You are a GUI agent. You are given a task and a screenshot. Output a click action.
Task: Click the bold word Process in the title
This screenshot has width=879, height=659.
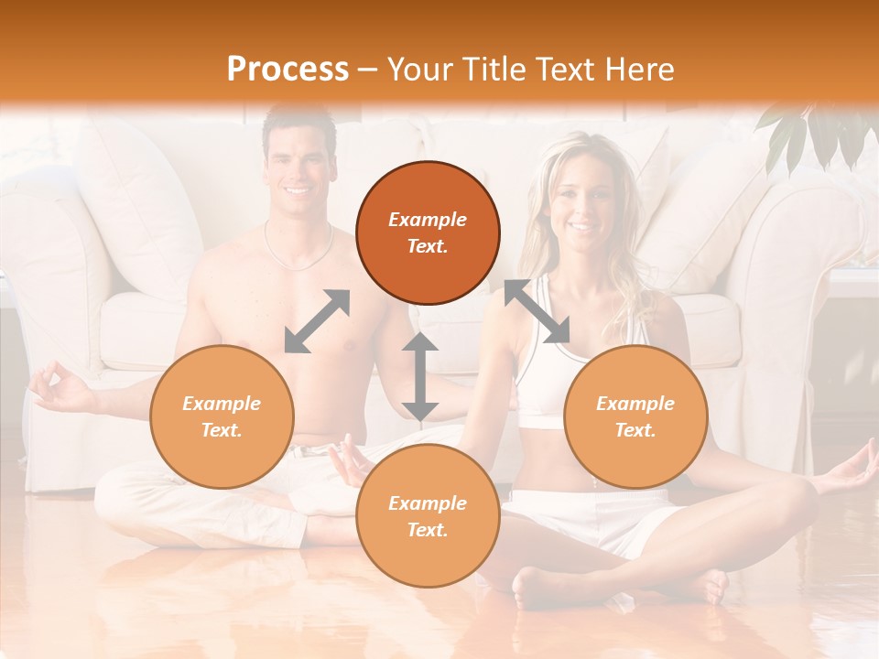coord(288,69)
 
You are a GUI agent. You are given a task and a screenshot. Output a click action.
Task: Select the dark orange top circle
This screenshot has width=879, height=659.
coord(428,232)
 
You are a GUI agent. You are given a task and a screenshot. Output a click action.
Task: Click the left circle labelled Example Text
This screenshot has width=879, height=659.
coord(222,416)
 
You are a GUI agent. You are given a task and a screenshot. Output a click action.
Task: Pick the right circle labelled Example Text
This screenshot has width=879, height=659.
coord(635,416)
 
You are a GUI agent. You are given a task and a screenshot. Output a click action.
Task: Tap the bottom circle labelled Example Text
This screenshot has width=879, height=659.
coord(428,516)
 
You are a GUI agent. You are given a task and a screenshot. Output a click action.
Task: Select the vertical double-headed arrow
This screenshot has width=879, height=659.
coord(419,377)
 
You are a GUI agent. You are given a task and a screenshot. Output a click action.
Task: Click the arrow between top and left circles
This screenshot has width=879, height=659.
coord(317,321)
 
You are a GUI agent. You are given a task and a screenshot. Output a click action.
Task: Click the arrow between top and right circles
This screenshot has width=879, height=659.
coord(537,311)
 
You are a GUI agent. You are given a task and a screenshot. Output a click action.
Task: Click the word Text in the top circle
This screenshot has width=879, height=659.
coord(428,246)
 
